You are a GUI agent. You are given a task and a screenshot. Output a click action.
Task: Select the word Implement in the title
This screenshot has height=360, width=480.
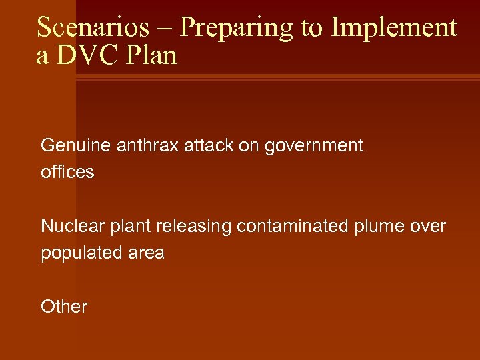394,28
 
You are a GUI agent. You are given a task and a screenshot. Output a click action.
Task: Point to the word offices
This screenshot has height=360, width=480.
67,173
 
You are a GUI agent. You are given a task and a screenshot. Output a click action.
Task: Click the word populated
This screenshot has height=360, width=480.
78,253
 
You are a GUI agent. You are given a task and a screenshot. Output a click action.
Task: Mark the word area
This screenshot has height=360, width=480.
143,253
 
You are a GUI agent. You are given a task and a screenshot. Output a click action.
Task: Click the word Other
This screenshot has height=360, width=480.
64,307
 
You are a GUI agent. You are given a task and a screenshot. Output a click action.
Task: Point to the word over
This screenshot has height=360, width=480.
429,227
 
